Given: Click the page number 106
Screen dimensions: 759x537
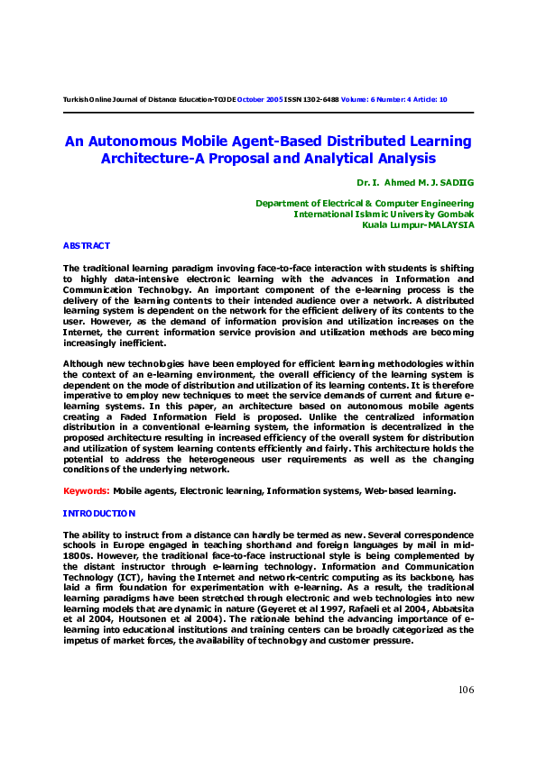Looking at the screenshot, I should coord(465,690).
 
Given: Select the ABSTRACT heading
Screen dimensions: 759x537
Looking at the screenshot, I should coord(87,245).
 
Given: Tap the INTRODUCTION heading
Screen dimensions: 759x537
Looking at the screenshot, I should coord(99,513).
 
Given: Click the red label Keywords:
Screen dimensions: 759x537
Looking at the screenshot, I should coord(87,490).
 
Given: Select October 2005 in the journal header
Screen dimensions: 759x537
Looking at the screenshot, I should coord(260,99).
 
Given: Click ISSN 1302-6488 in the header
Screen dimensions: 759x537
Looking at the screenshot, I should coord(312,99).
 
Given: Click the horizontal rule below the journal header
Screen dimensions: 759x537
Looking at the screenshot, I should coord(268,112).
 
